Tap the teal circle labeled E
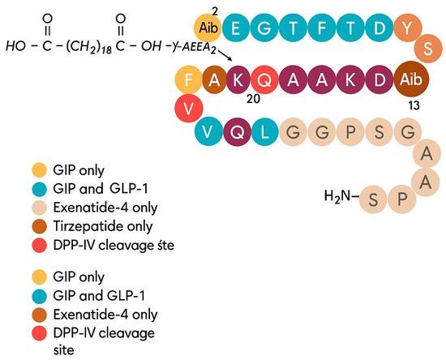[237, 29]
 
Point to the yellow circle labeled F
[188, 80]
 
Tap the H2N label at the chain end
[337, 195]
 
